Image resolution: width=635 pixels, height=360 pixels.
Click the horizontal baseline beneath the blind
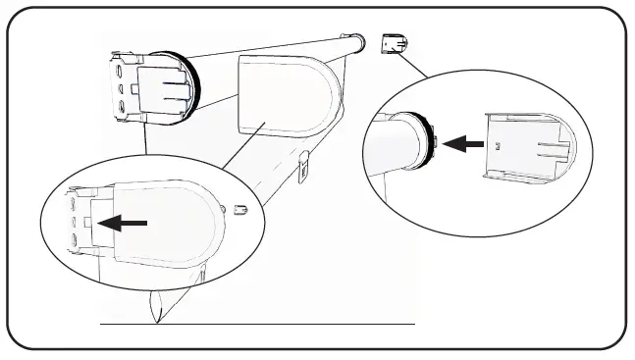pos(294,323)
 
